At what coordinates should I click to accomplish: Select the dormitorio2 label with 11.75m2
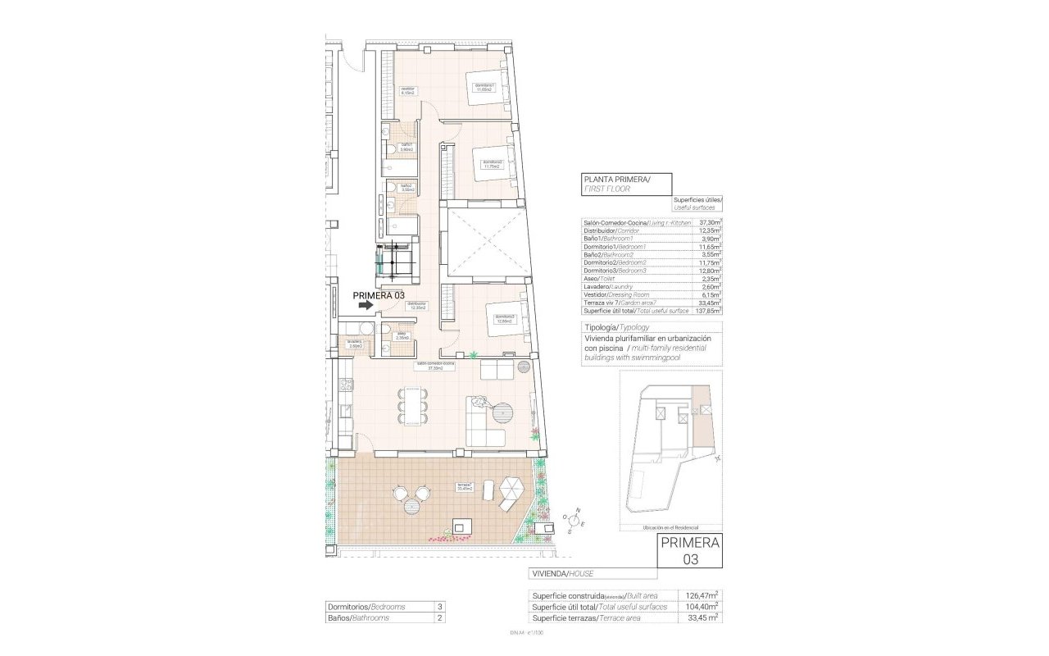pos(492,164)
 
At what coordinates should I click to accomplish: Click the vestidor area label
pos(407,91)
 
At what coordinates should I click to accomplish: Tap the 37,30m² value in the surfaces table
pos(709,222)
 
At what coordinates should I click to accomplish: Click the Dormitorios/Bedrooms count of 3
pos(440,607)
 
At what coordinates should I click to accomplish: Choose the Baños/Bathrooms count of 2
pos(440,618)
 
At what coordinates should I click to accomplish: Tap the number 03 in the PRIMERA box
pos(690,558)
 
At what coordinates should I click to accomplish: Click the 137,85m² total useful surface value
pos(709,311)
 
